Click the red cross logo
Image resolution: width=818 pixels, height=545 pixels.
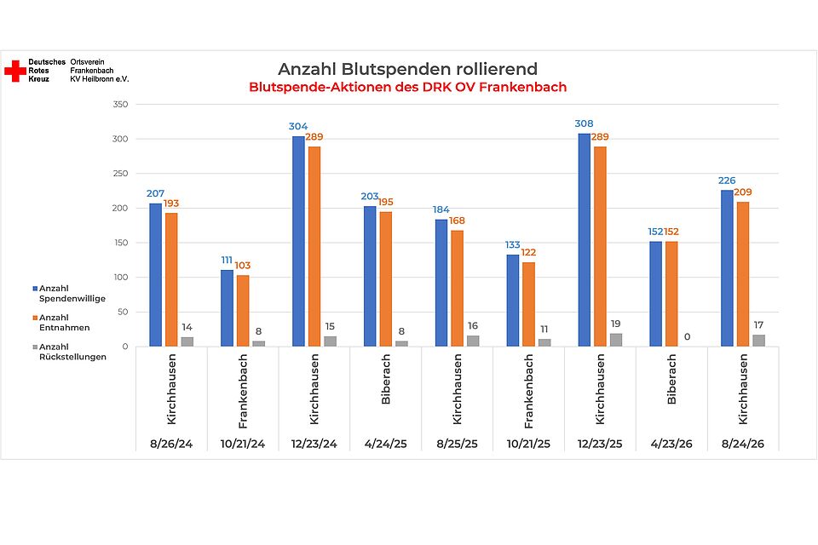[x=15, y=71]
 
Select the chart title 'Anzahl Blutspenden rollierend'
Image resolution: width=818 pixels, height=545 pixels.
[x=407, y=69]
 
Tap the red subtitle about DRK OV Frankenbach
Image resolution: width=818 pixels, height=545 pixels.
[x=407, y=87]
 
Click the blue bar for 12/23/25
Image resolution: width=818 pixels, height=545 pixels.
[x=585, y=240]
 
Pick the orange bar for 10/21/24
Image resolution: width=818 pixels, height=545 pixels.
[x=243, y=311]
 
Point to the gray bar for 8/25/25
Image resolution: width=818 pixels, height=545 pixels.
[x=473, y=341]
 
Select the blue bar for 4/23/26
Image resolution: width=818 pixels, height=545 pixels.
[x=656, y=294]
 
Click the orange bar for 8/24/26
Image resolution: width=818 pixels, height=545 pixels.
[x=743, y=274]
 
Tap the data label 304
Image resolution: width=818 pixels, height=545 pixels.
[x=298, y=126]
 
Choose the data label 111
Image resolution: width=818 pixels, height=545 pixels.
[x=227, y=260]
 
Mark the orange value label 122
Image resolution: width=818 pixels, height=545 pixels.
[x=528, y=252]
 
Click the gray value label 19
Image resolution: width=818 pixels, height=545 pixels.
[x=615, y=324]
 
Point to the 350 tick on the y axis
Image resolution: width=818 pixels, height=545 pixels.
[x=120, y=104]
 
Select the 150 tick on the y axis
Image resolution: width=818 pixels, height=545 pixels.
[x=120, y=243]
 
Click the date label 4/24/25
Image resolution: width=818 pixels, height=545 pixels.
[x=385, y=444]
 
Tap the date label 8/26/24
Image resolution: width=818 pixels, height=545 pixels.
[x=171, y=444]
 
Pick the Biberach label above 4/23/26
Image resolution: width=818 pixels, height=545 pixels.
[x=671, y=379]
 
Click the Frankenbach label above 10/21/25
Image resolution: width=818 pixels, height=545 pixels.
[x=528, y=391]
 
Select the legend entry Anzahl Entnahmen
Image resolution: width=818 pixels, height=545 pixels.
[x=61, y=322]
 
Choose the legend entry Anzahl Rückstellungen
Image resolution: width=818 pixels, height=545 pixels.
[x=69, y=352]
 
